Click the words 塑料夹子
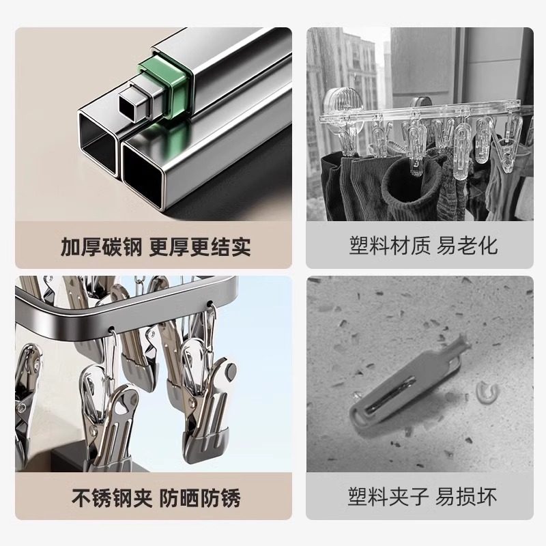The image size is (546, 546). tap(390, 496)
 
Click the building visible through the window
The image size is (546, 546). tap(355, 68)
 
